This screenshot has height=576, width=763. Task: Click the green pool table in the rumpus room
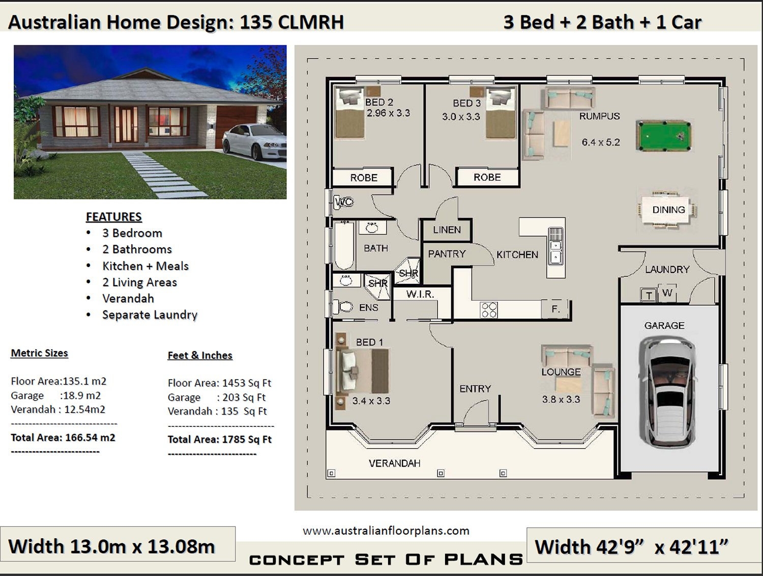(664, 136)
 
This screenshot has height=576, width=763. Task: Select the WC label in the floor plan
(344, 202)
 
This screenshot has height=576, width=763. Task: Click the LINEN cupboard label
(447, 230)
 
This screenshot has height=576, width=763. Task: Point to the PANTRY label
(447, 254)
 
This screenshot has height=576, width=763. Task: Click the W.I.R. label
(420, 294)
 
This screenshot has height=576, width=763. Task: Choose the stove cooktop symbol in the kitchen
(489, 310)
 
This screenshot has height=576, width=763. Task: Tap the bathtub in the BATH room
(344, 246)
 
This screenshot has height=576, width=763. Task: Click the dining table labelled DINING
(668, 210)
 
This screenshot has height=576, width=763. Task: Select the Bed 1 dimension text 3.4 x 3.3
(371, 401)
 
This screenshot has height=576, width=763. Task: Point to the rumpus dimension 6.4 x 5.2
(601, 142)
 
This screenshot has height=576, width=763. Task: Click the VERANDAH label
(394, 463)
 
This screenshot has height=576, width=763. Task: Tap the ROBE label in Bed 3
(487, 177)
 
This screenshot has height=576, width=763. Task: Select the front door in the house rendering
(126, 124)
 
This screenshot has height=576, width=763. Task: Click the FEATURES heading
(113, 217)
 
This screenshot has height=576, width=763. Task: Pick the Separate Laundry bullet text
(150, 315)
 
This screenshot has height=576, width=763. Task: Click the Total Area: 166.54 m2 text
(63, 438)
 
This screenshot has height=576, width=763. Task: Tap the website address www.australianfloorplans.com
(386, 531)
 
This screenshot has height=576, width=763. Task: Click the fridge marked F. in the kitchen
(555, 309)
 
